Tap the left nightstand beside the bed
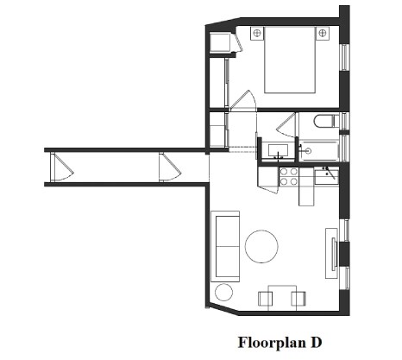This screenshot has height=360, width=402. point(256,33)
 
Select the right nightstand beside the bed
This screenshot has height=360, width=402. point(323,33)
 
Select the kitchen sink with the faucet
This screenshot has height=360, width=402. point(326,178)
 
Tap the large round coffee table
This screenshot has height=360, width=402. point(263,247)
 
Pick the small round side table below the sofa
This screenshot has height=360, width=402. point(223,291)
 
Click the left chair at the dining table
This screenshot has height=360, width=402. point(266,299)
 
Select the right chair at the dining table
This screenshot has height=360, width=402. point(298,299)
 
